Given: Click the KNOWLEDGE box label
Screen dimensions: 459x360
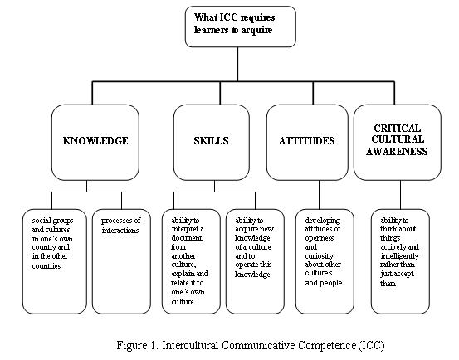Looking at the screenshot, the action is click(95, 141).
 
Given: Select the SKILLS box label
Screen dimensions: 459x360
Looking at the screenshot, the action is click(211, 141).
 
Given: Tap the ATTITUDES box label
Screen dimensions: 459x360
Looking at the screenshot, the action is click(307, 141).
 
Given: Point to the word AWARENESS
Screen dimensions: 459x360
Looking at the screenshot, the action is click(397, 152).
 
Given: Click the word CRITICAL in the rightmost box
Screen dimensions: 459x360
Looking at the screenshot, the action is click(398, 128).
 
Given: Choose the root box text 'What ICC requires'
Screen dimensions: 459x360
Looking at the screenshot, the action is click(234, 17).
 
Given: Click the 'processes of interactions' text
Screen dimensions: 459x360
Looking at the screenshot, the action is click(120, 225).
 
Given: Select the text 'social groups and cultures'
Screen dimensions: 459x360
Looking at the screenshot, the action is click(52, 225).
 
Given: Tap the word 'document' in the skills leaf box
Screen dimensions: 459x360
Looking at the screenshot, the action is click(187, 238).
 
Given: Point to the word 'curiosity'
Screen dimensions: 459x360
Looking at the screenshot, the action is click(319, 256).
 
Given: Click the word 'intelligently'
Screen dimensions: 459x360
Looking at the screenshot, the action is click(399, 256).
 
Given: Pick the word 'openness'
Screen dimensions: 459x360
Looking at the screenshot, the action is click(319, 238).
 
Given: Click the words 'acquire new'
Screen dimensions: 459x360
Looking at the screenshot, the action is click(254, 229).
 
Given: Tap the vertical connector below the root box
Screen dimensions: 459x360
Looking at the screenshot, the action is click(237, 64).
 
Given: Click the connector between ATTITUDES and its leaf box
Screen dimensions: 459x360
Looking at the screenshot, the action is click(319, 195).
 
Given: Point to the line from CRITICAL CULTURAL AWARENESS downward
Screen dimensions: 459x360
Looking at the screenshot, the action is click(400, 195).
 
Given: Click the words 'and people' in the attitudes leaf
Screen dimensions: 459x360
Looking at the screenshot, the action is click(324, 283).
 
